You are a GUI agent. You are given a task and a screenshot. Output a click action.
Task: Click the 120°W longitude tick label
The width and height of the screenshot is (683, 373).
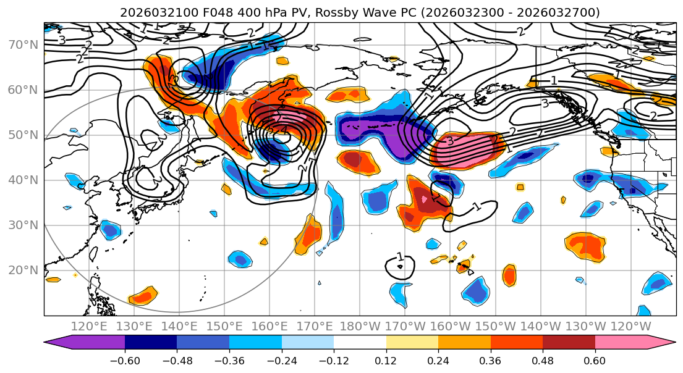pyautogui.click(x=630, y=326)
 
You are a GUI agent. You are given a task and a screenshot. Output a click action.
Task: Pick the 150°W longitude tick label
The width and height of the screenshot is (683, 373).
pyautogui.click(x=495, y=326)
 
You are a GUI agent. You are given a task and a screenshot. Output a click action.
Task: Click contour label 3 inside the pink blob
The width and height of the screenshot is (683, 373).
pyautogui.click(x=450, y=141)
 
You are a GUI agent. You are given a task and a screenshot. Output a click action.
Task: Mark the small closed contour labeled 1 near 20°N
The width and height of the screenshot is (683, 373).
pyautogui.click(x=399, y=267)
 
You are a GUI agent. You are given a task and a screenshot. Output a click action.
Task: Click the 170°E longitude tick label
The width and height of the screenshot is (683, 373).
pyautogui.click(x=315, y=326)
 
